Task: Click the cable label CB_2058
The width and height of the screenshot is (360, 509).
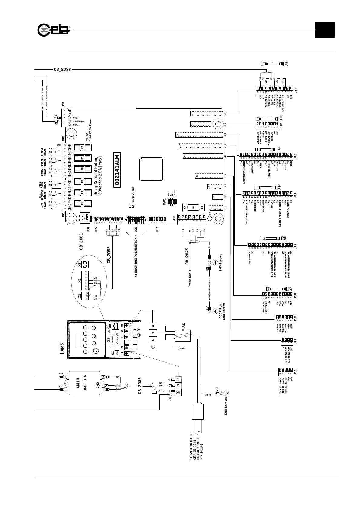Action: (62, 69)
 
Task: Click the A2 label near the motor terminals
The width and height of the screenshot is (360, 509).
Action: (183, 326)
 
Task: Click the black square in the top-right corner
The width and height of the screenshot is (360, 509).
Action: (325, 30)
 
